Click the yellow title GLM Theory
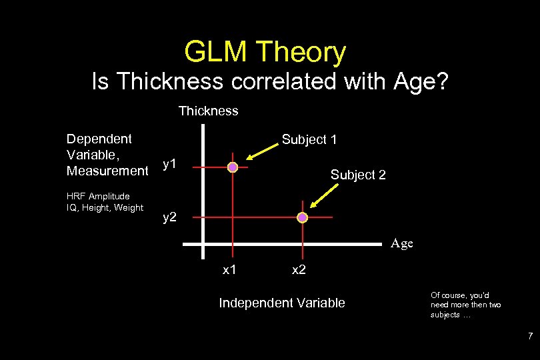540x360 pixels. (265, 53)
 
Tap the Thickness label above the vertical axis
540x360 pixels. (208, 111)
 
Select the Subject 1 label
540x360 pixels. (309, 139)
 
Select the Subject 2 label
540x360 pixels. (358, 175)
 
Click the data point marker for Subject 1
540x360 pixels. (233, 167)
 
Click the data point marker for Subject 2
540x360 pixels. (302, 217)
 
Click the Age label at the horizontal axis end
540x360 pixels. (401, 243)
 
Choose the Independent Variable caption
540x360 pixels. (282, 303)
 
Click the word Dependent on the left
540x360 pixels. (99, 139)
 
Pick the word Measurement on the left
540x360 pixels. (107, 171)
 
